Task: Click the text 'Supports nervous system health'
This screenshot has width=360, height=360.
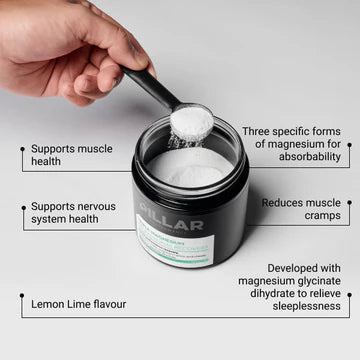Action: pos(73,213)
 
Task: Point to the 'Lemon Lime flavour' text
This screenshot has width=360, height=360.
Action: pos(79,303)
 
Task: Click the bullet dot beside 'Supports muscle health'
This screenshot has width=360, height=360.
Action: pos(21,147)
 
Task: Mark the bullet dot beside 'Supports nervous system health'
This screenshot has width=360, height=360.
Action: pos(21,206)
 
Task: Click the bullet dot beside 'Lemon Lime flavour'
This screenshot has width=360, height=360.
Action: pos(21,296)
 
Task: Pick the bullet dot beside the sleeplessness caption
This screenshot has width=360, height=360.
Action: pos(349,296)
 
